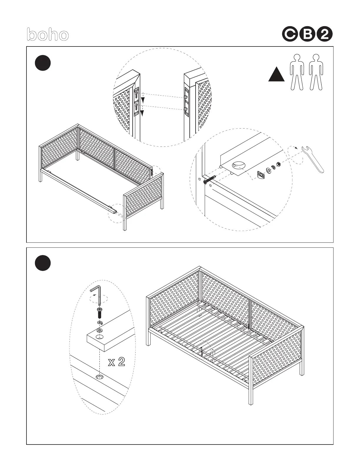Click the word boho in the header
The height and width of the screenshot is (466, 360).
coord(48,35)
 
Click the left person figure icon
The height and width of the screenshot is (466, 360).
coord(297,72)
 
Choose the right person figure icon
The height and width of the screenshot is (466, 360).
coord(316,72)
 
